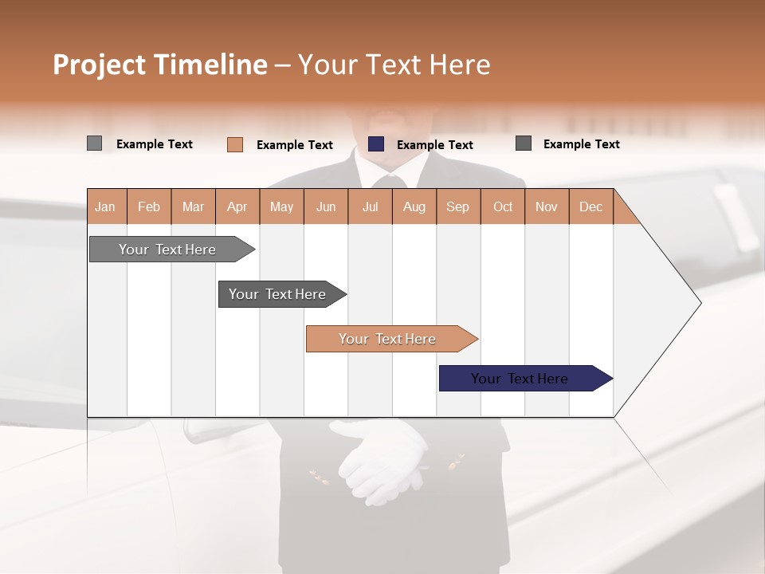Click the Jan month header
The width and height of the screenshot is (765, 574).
(106, 206)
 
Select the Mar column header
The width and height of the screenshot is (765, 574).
(193, 206)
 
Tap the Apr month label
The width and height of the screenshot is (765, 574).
(237, 206)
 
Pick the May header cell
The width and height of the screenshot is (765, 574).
(281, 206)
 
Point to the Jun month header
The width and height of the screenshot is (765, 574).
(326, 206)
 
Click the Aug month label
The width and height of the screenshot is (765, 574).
(414, 206)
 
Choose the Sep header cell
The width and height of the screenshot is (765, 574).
(458, 206)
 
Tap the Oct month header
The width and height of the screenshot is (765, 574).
(503, 206)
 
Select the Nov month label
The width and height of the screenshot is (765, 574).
(547, 206)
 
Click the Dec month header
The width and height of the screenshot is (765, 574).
(590, 206)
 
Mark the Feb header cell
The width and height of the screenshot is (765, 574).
(149, 206)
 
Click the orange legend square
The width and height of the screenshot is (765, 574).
(235, 144)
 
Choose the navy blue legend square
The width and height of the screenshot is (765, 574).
(376, 144)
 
